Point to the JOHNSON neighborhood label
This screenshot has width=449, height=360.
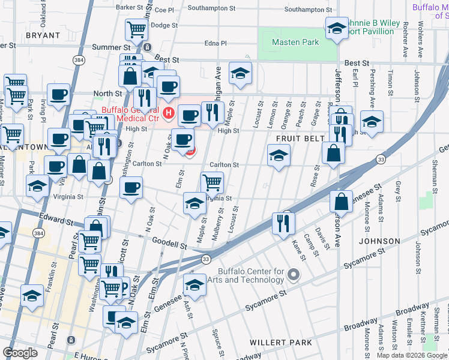(379, 241)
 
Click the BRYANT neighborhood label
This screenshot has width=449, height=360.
(43, 36)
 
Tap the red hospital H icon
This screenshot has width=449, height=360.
(169, 112)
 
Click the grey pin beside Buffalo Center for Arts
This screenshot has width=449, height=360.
(293, 275)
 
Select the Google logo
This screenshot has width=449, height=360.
(20, 352)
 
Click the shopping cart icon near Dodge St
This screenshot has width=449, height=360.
(137, 28)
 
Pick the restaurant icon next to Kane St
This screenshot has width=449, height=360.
(283, 222)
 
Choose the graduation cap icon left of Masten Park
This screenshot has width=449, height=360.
(241, 73)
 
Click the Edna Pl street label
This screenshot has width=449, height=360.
(215, 43)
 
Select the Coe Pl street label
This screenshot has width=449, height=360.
(164, 10)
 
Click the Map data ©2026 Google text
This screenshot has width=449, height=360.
(411, 355)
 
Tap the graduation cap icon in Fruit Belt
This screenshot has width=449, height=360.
(279, 155)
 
